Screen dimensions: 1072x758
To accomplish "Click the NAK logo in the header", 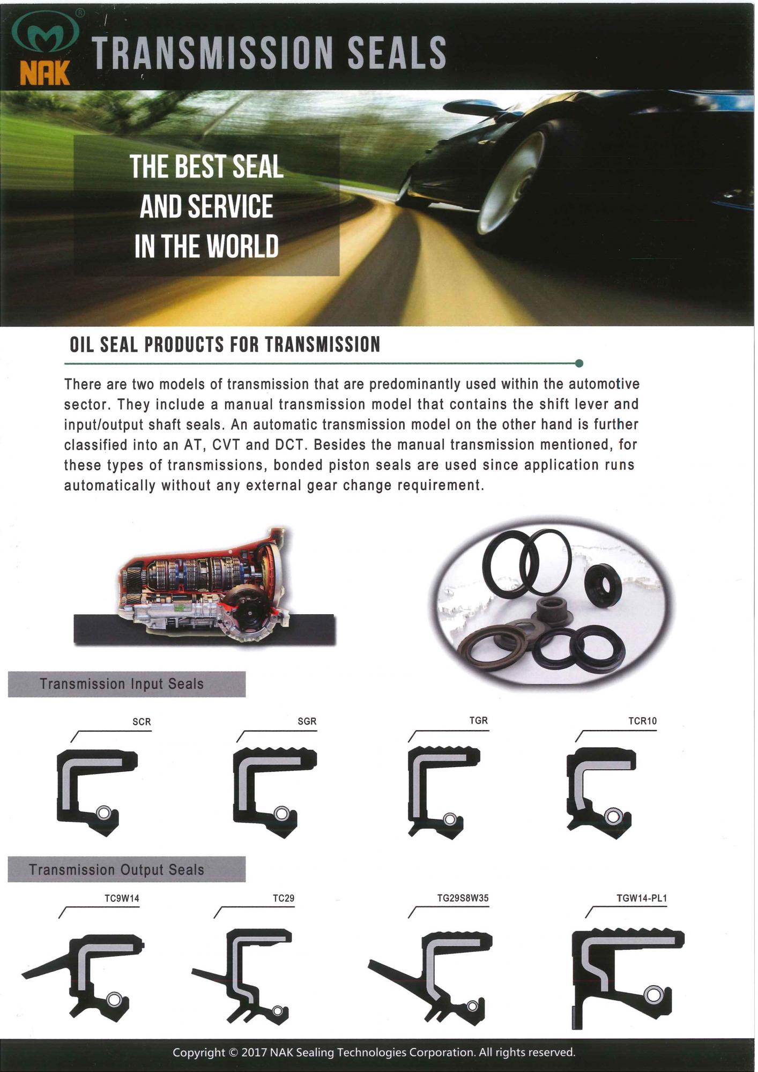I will [45, 49].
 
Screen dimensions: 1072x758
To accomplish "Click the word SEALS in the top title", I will [397, 53].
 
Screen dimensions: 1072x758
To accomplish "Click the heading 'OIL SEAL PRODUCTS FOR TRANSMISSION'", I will [225, 345].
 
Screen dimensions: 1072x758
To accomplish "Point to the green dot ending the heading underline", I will [579, 363].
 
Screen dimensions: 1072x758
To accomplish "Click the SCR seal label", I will [142, 722].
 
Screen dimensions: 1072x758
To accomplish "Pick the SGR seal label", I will [307, 721].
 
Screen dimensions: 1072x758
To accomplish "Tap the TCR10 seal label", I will [642, 721].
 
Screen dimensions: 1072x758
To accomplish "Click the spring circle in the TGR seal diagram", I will [450, 819].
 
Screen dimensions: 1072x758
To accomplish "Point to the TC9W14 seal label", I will [122, 898].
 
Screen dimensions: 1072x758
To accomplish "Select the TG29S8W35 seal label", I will [463, 898].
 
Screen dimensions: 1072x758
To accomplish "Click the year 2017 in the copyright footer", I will [254, 1052].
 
